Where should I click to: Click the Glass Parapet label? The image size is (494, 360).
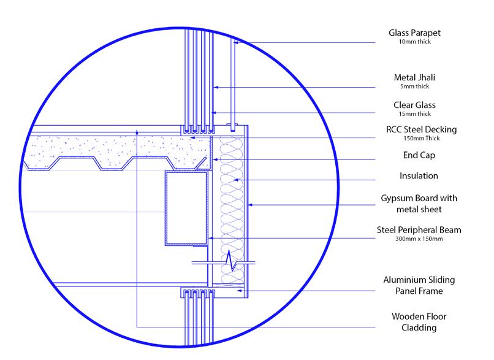click(x=414, y=33)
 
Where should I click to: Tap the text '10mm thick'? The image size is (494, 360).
click(x=414, y=42)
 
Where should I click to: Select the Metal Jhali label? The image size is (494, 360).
click(x=414, y=77)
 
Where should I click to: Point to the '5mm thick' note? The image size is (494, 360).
click(x=414, y=86)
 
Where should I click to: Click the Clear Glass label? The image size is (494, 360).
click(x=414, y=105)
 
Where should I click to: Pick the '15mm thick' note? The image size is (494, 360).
click(x=414, y=114)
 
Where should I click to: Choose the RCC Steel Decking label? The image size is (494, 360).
click(x=421, y=129)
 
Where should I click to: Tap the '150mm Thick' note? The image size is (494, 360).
click(x=422, y=138)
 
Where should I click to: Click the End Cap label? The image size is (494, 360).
click(x=419, y=155)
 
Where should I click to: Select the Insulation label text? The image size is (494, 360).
click(x=419, y=175)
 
